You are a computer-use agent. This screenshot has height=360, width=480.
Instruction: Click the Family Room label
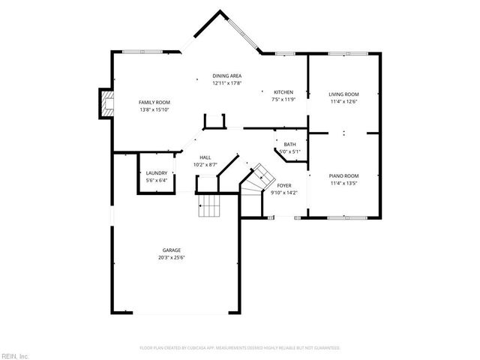(x=154, y=102)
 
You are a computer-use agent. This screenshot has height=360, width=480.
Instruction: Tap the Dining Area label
(x=226, y=76)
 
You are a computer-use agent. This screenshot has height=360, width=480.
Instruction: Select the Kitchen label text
(x=283, y=92)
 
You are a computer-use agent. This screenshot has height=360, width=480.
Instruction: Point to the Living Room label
(x=344, y=94)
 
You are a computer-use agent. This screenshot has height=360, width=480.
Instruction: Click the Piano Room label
(x=344, y=175)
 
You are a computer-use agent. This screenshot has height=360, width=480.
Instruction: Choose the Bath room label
(x=289, y=144)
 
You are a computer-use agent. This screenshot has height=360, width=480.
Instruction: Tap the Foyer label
(x=283, y=185)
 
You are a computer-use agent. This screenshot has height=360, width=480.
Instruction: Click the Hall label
(x=205, y=157)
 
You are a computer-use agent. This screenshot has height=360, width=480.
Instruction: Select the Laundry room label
(x=156, y=173)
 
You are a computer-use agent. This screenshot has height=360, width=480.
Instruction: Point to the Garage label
(x=172, y=250)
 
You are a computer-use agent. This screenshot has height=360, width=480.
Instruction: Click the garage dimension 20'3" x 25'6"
(x=172, y=257)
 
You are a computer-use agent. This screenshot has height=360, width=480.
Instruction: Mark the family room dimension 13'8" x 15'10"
(x=154, y=109)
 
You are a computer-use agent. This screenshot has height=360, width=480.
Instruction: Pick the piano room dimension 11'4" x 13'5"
(x=344, y=182)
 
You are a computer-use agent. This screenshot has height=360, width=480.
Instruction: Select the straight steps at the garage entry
(x=210, y=204)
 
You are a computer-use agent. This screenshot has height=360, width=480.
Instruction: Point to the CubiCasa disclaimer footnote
(x=240, y=348)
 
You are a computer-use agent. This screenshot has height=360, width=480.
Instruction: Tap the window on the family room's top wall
(x=142, y=51)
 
